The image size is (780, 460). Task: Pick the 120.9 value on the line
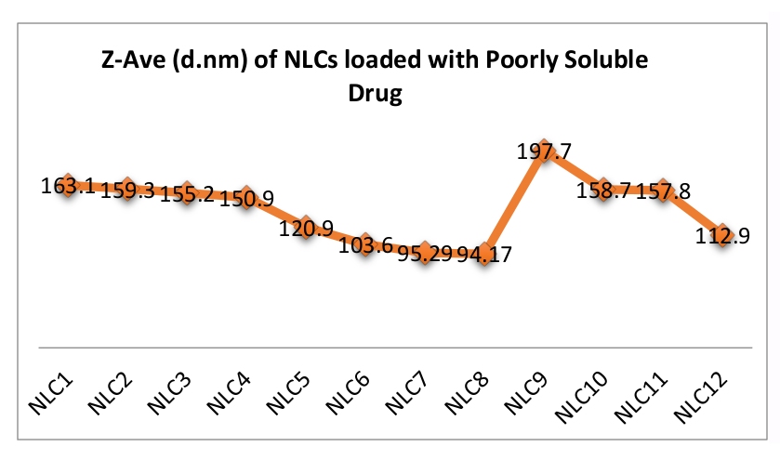(x=306, y=229)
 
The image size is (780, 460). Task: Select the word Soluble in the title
(x=597, y=62)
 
